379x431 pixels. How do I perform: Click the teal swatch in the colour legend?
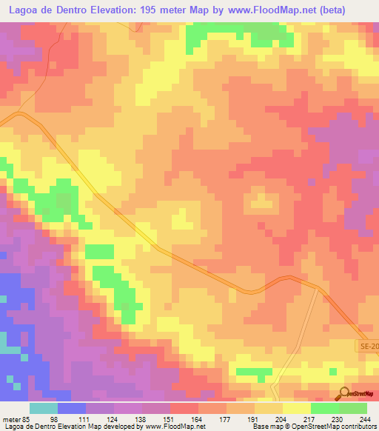click(x=44, y=407)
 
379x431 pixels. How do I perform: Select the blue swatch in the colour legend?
click(x=72, y=407)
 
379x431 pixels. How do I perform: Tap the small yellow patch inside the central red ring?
click(x=261, y=200)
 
